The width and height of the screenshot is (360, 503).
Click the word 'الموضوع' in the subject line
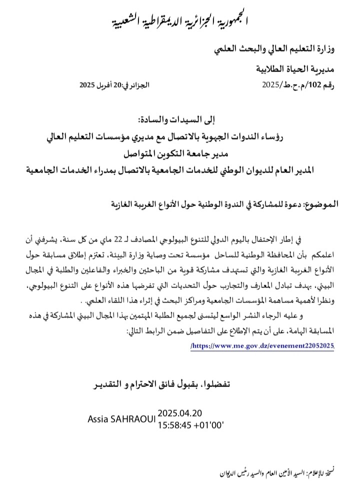[319, 204]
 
